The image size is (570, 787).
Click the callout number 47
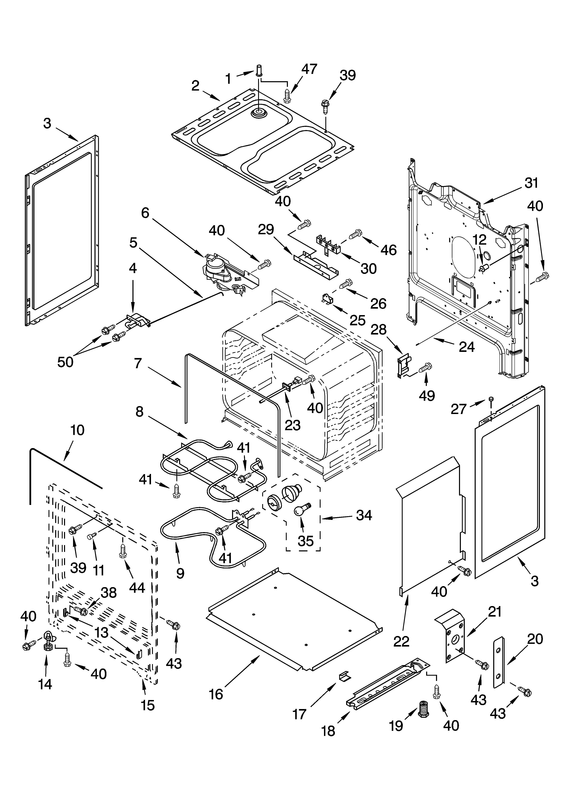[309, 69]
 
